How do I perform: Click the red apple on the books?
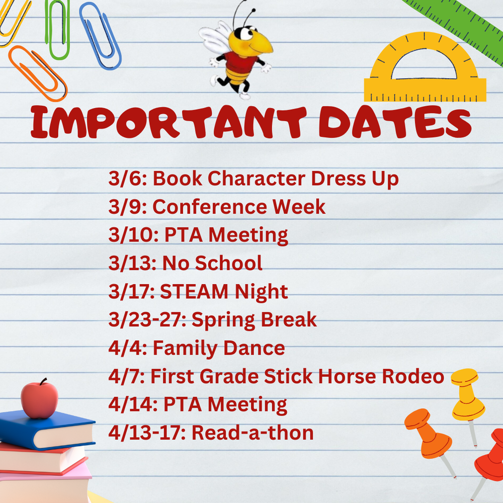(x=39, y=400)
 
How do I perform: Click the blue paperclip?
(x=101, y=35)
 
